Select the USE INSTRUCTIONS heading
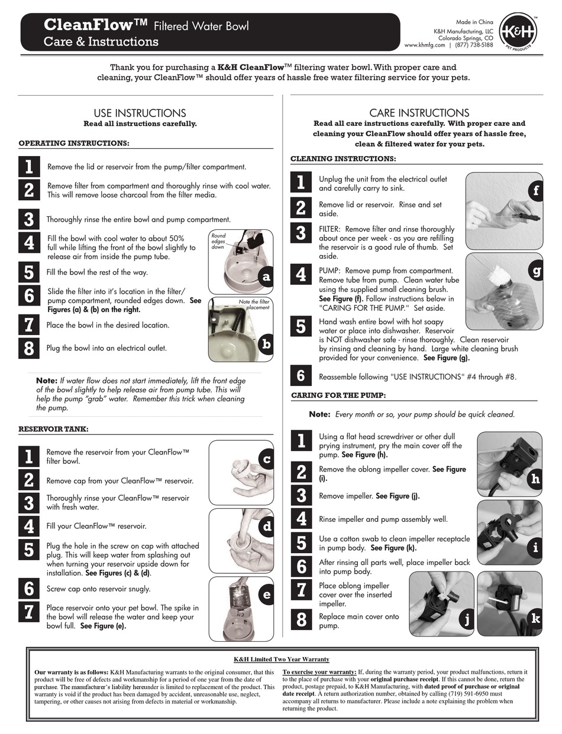140,113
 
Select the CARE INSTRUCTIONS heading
419,113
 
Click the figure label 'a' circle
266,277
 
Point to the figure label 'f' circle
535,190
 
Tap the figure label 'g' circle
536,271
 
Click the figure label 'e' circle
266,595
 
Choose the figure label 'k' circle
535,619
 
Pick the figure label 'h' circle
535,479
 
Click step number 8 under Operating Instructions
28,348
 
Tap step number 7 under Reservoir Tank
28,612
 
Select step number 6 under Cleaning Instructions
301,376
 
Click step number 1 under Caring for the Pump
301,441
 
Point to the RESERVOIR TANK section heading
53,429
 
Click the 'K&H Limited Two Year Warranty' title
281,659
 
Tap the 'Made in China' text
476,22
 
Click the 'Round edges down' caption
218,241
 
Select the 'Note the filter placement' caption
254,304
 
